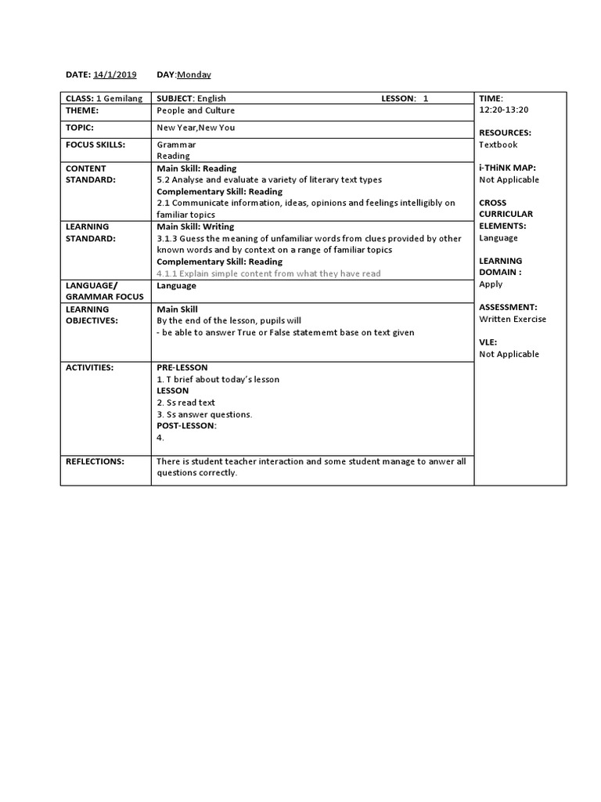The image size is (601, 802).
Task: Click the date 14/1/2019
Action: [114, 74]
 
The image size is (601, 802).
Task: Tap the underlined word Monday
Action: [194, 74]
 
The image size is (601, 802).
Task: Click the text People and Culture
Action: [196, 110]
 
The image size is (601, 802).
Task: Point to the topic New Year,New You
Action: [196, 128]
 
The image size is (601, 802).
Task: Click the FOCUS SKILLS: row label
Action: [95, 145]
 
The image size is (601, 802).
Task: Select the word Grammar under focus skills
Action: [176, 145]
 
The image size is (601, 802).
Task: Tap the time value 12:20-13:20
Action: [504, 110]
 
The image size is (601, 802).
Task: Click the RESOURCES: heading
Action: [505, 133]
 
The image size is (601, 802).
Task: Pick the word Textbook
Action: [498, 145]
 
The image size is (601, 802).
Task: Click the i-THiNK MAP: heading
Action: [508, 168]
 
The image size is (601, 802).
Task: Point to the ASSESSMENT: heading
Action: [508, 307]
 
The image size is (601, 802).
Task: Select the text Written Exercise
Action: [513, 319]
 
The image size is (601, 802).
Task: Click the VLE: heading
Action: [488, 342]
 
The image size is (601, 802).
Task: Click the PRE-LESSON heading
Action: [182, 367]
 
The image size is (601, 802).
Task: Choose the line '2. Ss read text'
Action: [185, 403]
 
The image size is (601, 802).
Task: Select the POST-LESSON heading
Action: [186, 426]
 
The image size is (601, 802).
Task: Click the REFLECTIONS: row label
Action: [95, 461]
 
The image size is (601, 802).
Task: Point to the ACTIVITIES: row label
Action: [89, 367]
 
